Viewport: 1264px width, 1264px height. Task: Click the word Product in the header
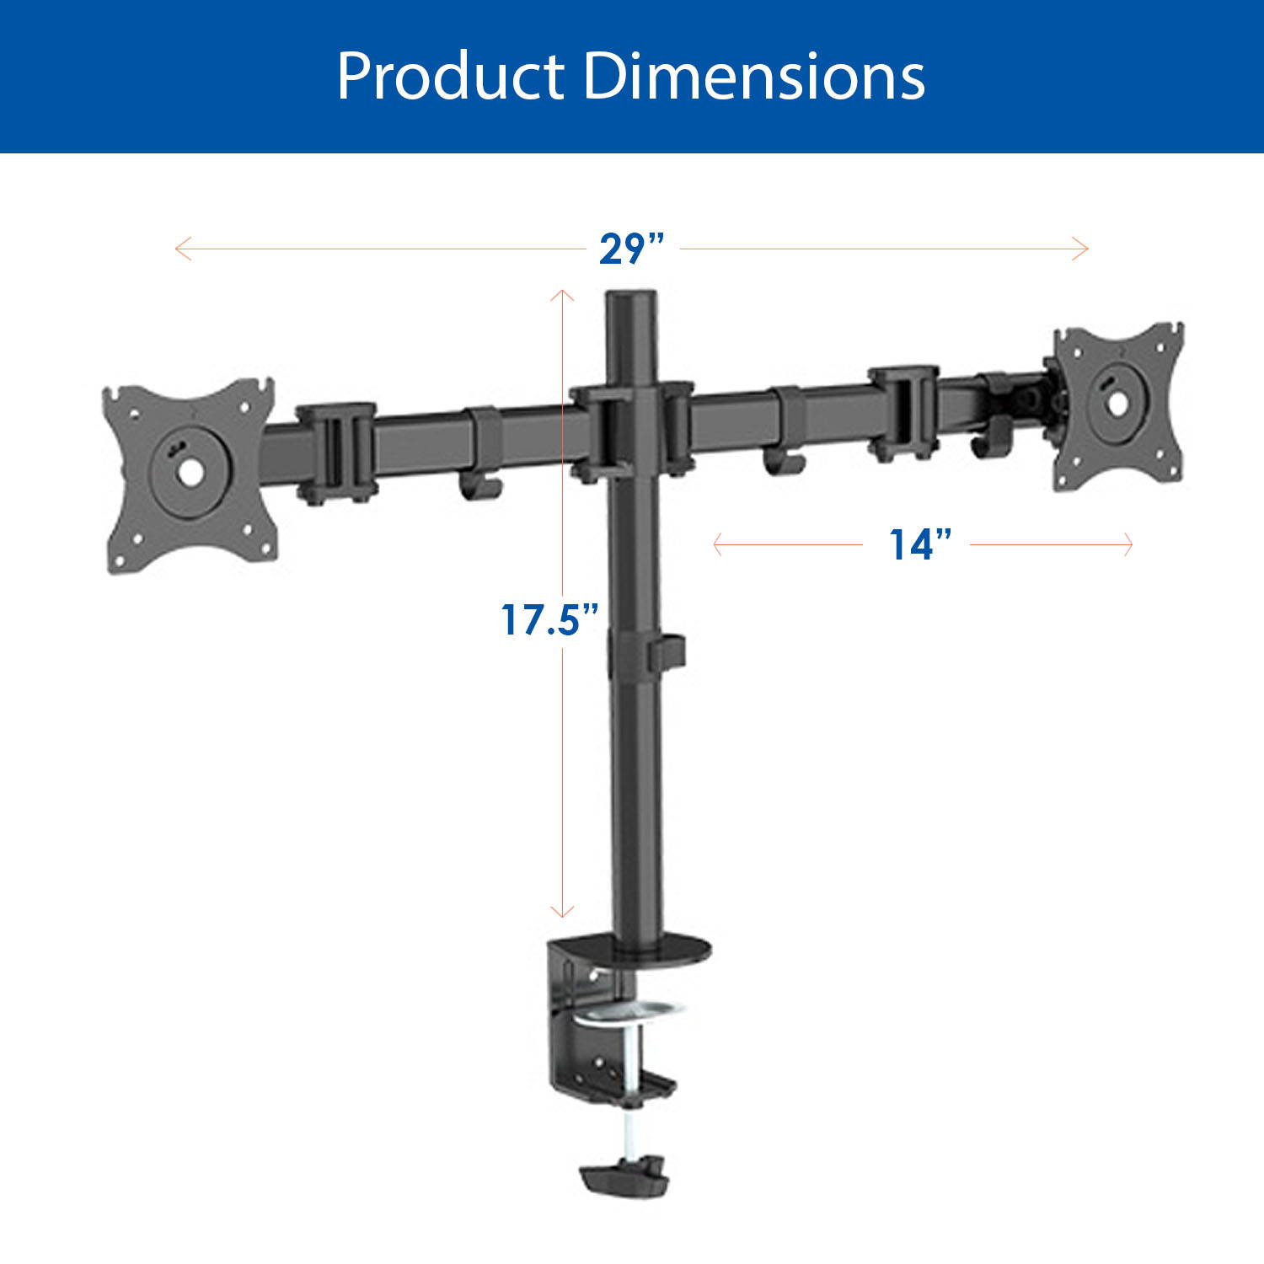pos(450,77)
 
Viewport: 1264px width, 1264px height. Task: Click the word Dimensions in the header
pos(753,77)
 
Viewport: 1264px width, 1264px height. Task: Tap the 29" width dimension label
pos(631,249)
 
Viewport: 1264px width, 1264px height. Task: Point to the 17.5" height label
pos(549,620)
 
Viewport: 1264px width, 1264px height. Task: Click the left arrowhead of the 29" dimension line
pos(178,249)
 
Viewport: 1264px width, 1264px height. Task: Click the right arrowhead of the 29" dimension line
pos(1085,249)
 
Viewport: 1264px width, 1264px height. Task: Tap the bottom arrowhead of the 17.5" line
pos(562,913)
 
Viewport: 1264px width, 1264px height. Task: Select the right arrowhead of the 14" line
pos(1129,545)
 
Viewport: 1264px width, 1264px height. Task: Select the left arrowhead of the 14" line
pos(716,545)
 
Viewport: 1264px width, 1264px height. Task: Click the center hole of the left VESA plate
pos(189,473)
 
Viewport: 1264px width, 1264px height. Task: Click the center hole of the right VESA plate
pos(1117,403)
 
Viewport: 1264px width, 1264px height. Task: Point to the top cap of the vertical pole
pos(631,297)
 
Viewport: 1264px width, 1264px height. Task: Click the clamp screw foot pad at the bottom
pos(622,1173)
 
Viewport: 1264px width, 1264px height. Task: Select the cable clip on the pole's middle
pos(665,653)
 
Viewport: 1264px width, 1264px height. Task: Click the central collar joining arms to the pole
pos(631,430)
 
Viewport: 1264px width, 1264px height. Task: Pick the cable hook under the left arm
pos(481,488)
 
